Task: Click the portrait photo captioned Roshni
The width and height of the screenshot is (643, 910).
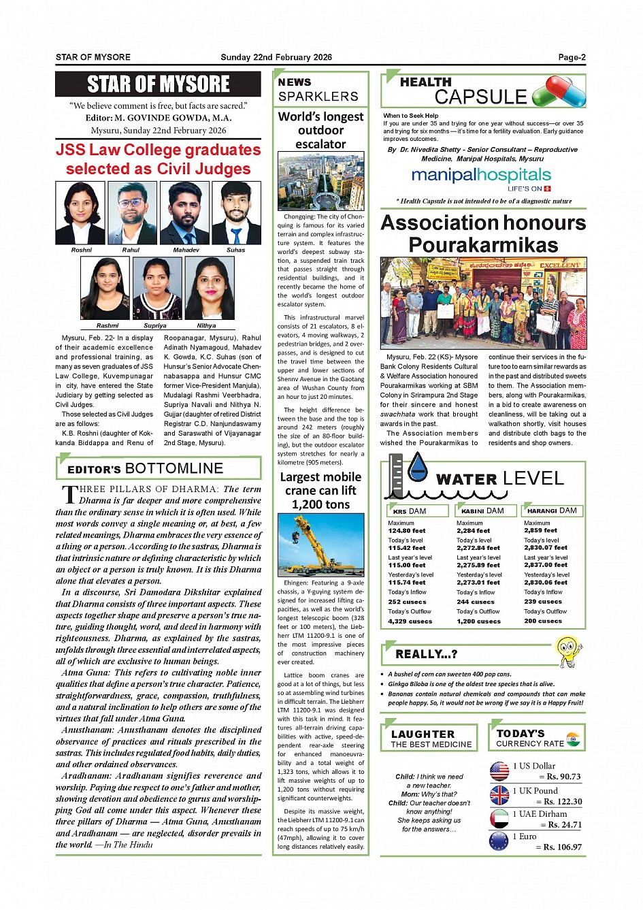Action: pos(80,213)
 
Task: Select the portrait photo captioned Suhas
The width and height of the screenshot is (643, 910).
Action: pos(236,213)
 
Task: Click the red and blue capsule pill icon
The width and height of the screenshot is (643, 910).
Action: pos(559,91)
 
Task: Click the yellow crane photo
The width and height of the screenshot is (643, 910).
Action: pos(320,545)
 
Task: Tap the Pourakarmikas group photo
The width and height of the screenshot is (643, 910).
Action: pos(483,303)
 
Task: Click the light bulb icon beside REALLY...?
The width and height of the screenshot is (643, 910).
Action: pos(569,651)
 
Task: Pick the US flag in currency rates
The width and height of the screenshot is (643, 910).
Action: pos(499,771)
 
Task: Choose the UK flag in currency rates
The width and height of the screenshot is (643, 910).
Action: pos(499,795)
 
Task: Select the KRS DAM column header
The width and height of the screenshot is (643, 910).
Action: pos(418,510)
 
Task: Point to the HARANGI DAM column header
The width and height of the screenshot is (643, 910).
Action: pos(553,510)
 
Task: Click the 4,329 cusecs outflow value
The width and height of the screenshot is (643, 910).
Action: pos(410,621)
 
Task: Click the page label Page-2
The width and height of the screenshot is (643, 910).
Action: pos(572,57)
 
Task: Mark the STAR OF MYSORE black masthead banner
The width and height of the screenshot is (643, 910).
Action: pos(158,84)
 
